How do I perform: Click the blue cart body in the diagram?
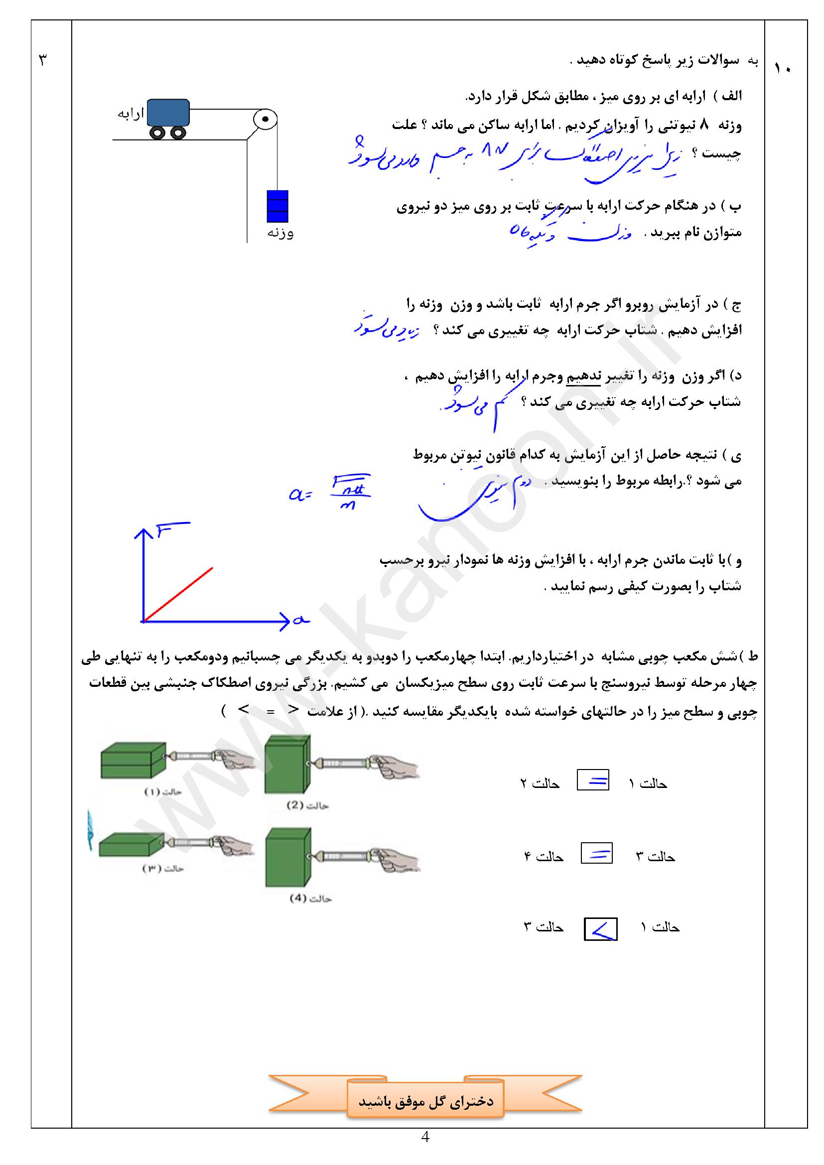coord(169,112)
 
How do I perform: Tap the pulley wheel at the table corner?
coord(265,120)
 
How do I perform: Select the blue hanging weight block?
coord(277,206)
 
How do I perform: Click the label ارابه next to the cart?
coord(131,114)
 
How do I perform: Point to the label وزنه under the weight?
coord(280,234)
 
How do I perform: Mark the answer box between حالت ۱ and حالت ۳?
coord(601,929)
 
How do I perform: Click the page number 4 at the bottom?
coord(425,1137)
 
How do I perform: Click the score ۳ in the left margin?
coord(43,61)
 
